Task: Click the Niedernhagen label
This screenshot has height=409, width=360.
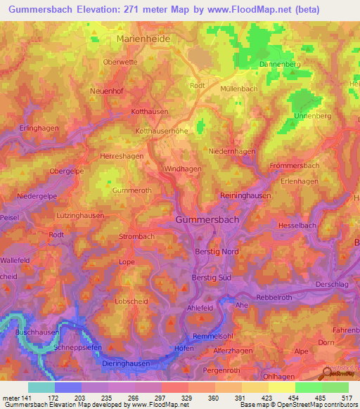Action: coord(232,151)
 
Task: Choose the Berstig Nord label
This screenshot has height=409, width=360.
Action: coord(218,252)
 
